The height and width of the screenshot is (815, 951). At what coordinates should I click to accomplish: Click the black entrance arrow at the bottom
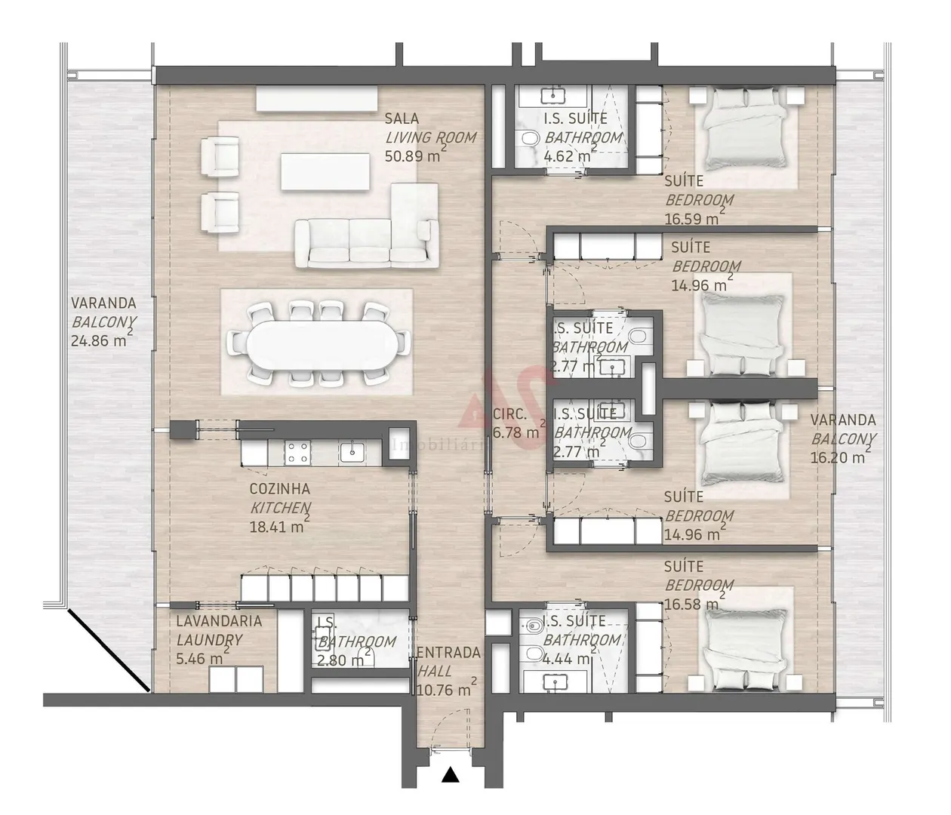coord(451,774)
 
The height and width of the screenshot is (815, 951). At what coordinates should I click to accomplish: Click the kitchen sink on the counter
coord(352,453)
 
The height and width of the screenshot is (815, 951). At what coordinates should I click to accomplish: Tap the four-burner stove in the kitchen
coord(297,453)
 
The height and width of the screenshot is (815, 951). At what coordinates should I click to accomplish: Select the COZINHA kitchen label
coord(279,489)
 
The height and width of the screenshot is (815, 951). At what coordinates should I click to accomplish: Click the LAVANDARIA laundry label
coord(219,621)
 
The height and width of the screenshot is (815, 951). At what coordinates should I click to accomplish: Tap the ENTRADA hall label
coord(448,653)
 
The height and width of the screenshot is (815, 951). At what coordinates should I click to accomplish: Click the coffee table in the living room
coord(325,171)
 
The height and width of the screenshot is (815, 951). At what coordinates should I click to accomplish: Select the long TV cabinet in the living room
coord(316,98)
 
